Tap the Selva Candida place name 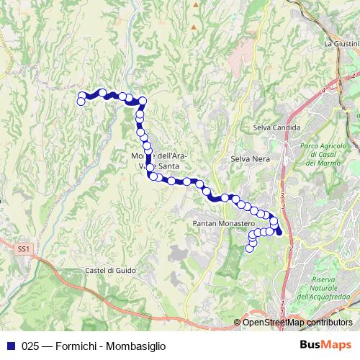271,127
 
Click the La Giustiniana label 341,43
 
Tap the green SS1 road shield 24,248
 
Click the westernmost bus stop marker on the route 81,102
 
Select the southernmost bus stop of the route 250,248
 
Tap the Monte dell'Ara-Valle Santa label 160,161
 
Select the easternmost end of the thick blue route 279,232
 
